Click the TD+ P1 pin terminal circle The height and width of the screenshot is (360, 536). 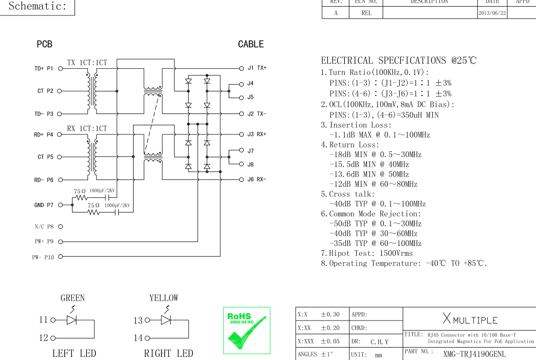pos(61,69)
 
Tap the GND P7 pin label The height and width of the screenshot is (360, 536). pos(44,205)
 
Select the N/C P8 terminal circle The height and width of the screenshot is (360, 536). pos(61,226)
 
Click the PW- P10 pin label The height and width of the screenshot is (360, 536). pos(43,257)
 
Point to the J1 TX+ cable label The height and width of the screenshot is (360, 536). pos(257,68)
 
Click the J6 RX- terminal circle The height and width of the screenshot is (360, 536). pos(242,179)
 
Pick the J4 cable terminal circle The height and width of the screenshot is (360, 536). pos(242,84)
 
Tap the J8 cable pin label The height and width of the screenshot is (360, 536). pos(251,164)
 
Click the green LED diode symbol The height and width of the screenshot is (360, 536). pos(71,320)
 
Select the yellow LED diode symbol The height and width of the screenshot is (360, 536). pos(166,320)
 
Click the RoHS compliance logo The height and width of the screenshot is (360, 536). pos(247,330)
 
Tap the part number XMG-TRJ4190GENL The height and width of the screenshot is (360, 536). pos(474,354)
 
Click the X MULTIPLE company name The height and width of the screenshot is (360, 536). pos(470,319)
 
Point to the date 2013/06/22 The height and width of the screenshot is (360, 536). pos(492,13)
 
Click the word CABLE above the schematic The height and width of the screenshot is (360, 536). pos(251,44)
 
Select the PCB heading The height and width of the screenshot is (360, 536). pos(44,44)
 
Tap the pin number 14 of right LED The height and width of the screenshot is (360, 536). pos(138,338)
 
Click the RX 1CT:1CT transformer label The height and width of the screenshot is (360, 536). pos(87,128)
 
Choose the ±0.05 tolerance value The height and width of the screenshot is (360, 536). pos(330,341)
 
